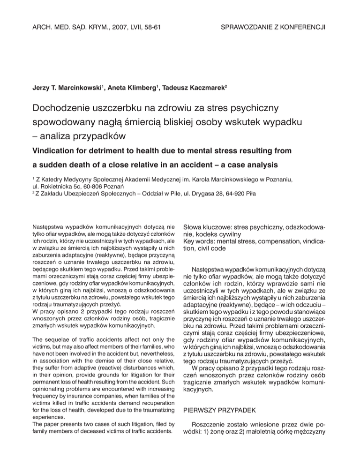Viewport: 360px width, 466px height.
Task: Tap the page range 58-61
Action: [149, 28]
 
